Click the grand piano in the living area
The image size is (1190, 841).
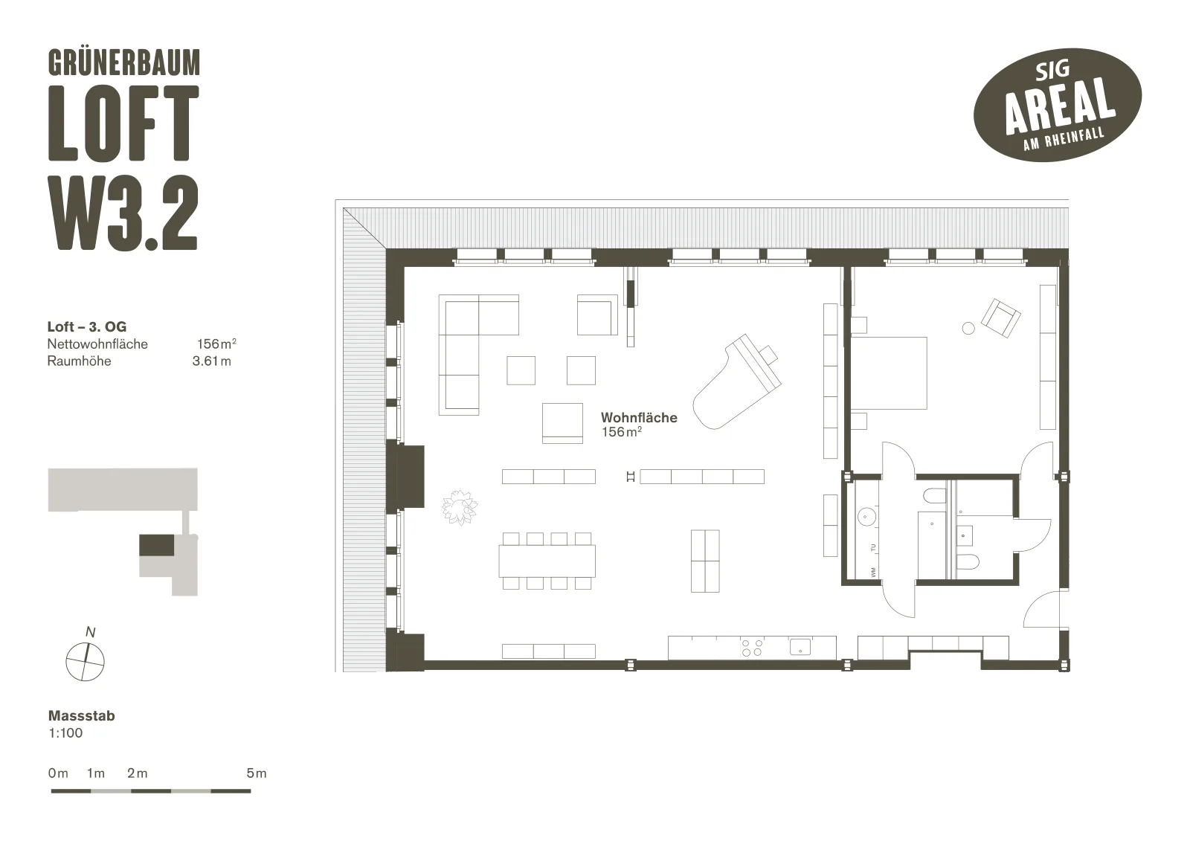[x=736, y=381]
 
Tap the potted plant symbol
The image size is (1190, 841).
[x=460, y=507]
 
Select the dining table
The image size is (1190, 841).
[x=547, y=561]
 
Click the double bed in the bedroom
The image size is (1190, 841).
[x=889, y=373]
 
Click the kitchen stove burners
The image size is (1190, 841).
[x=752, y=648]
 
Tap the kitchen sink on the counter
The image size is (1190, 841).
[x=800, y=647]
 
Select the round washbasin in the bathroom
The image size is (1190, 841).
[x=867, y=516]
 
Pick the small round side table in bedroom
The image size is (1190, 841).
[x=968, y=329]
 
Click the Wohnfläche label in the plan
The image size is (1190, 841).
[x=639, y=418]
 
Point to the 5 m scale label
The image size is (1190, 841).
[x=257, y=773]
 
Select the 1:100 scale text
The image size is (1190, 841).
[x=65, y=733]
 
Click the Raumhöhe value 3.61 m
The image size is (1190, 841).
[x=211, y=361]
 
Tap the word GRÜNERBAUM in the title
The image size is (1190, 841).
[x=124, y=62]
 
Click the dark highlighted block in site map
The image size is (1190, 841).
[x=157, y=545]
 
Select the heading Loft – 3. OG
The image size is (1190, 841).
[x=87, y=326]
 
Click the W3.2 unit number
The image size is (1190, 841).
[x=123, y=213]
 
